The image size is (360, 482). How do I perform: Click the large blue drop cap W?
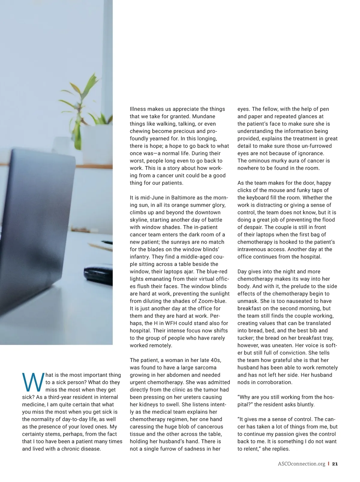coord(33,382)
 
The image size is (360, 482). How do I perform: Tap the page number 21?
coord(335,464)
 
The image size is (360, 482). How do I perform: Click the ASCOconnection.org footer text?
coord(301,464)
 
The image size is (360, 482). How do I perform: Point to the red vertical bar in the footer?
coord(329,464)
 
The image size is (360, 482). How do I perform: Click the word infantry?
coord(140,257)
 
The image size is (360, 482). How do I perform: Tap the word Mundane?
coord(203,116)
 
